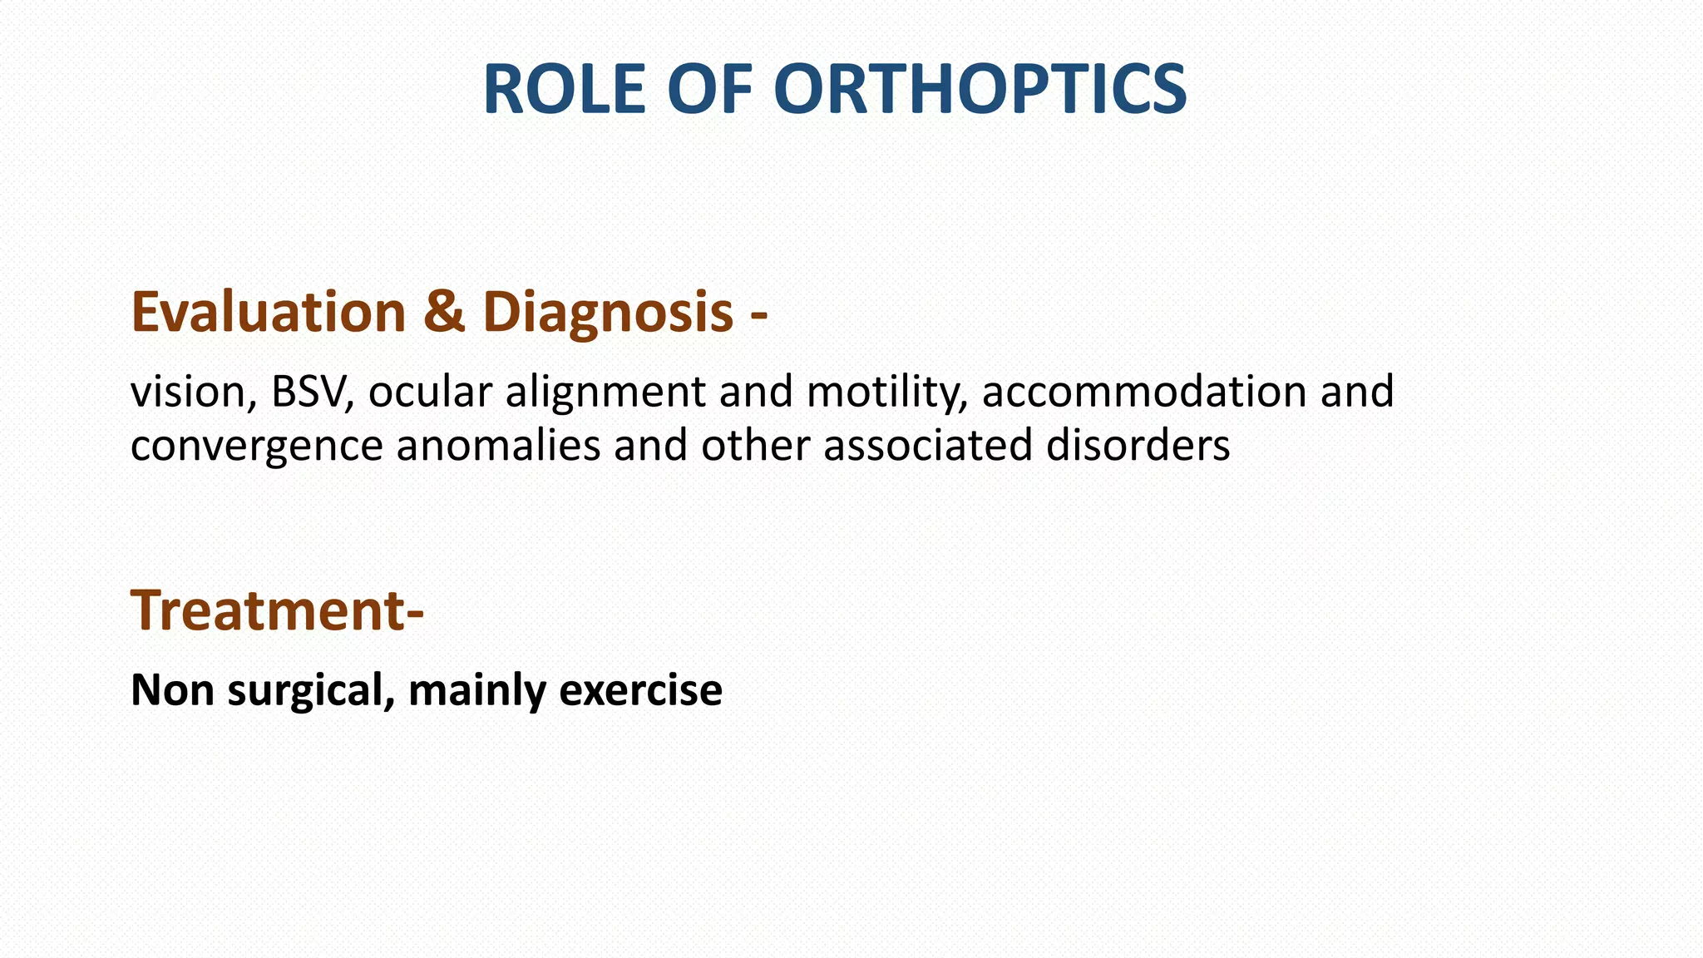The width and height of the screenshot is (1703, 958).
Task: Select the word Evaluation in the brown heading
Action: tap(268, 312)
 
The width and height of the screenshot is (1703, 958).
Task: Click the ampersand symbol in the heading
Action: tap(443, 312)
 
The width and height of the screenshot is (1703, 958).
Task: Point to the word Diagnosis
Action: tap(607, 312)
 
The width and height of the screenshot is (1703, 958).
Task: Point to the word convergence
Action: tap(256, 447)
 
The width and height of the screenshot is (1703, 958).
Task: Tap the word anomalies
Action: tap(498, 445)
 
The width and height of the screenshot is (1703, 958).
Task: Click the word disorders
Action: tap(1138, 445)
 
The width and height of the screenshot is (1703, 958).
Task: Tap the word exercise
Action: tap(640, 690)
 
